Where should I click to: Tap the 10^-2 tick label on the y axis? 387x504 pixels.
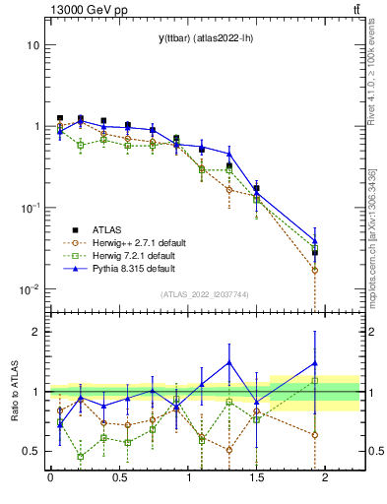click(30, 289)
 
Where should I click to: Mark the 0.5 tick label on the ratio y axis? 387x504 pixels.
click(31, 452)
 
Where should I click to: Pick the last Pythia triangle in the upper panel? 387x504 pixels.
click(315, 241)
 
